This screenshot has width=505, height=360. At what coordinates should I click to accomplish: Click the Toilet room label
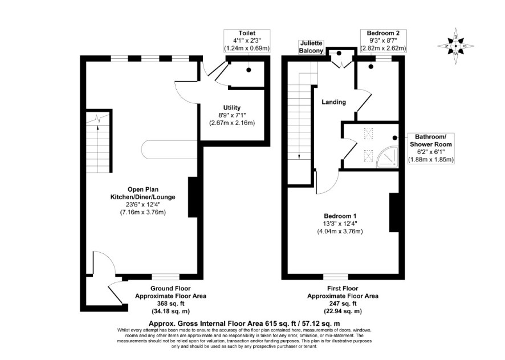coord(247,33)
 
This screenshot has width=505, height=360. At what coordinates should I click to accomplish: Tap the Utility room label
coord(232,108)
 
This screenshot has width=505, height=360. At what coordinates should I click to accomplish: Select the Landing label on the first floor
coord(334,102)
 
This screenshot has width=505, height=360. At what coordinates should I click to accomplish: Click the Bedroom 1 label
coord(340,216)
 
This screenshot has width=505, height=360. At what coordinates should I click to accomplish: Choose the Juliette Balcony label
coord(311,47)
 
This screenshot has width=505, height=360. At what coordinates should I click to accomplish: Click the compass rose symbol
coord(456,46)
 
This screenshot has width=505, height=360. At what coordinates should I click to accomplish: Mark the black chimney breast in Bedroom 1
coord(394,212)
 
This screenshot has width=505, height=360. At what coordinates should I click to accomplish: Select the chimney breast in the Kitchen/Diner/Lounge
coord(193,197)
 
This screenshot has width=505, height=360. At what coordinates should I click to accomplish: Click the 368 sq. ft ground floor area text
coord(170,304)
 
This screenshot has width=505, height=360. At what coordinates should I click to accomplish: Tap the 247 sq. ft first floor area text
coord(343,304)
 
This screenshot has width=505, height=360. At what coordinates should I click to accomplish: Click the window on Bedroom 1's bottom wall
coord(336,277)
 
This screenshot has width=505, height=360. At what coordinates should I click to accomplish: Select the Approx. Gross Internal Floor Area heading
coord(244,323)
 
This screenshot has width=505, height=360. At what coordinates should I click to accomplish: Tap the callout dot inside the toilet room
coord(249,70)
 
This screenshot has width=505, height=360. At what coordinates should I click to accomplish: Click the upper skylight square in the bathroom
coord(368,133)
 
